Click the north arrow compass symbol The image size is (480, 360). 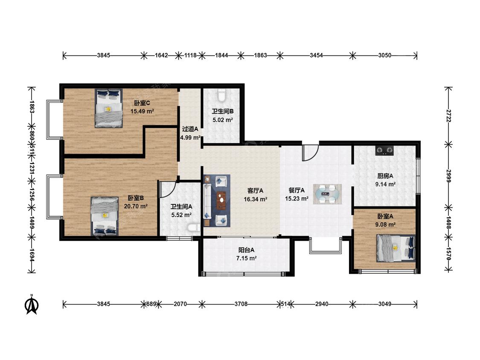click(x=32, y=304)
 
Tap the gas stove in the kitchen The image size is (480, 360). click(x=384, y=151)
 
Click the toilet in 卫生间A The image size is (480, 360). click(x=193, y=228)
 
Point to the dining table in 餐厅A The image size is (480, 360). click(x=327, y=194)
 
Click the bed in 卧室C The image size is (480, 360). click(x=109, y=108)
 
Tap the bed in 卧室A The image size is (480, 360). click(x=396, y=248)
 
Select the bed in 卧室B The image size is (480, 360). click(x=105, y=216)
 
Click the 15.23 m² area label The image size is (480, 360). click(x=297, y=199)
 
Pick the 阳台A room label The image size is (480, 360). click(x=247, y=250)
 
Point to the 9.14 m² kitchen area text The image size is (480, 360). click(x=385, y=184)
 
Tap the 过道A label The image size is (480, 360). click(x=190, y=129)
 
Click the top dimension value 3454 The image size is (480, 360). click(x=316, y=55)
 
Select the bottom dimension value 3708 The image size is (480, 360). click(x=241, y=304)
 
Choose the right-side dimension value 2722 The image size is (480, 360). click(x=448, y=116)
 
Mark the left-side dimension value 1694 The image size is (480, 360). click(x=32, y=255)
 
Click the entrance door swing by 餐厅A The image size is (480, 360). click(x=311, y=153)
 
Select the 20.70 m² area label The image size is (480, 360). click(x=136, y=206)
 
